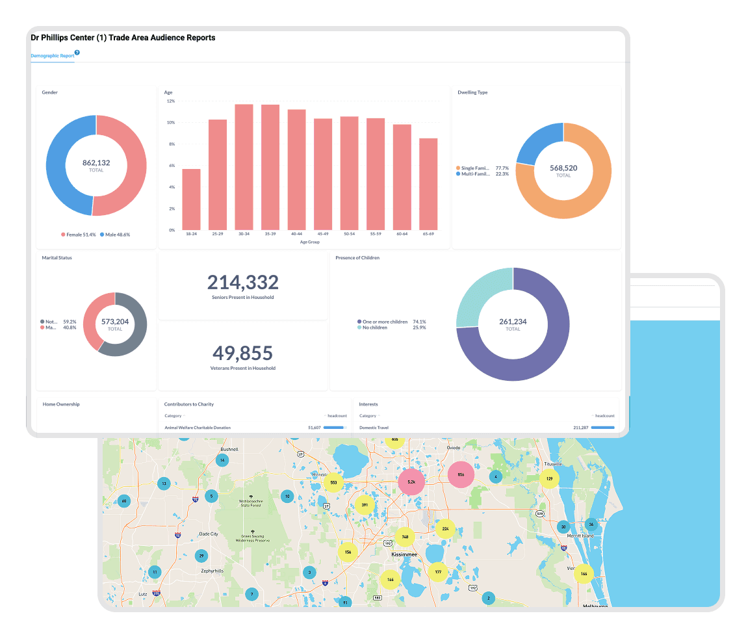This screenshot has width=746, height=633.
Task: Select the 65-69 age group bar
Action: click(x=428, y=184)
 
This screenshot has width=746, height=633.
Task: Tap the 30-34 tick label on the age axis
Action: click(x=244, y=234)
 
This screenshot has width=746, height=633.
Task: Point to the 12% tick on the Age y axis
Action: click(x=170, y=101)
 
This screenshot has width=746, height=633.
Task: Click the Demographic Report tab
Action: click(x=52, y=57)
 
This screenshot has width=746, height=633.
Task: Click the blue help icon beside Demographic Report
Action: click(x=77, y=53)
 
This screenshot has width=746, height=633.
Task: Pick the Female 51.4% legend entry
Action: click(x=79, y=234)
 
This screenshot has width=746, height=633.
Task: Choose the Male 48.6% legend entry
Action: click(x=115, y=234)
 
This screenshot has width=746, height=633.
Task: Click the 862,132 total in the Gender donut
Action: click(x=96, y=163)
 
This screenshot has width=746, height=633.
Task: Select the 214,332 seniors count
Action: click(x=243, y=282)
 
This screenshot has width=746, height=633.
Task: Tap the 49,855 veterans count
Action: click(x=243, y=353)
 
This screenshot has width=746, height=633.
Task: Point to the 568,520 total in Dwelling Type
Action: click(x=563, y=168)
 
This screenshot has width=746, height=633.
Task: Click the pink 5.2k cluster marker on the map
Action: click(x=411, y=482)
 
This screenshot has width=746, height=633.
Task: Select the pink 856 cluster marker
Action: click(x=461, y=474)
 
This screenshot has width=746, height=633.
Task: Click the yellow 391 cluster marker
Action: click(x=365, y=505)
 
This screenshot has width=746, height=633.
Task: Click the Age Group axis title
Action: click(x=309, y=242)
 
